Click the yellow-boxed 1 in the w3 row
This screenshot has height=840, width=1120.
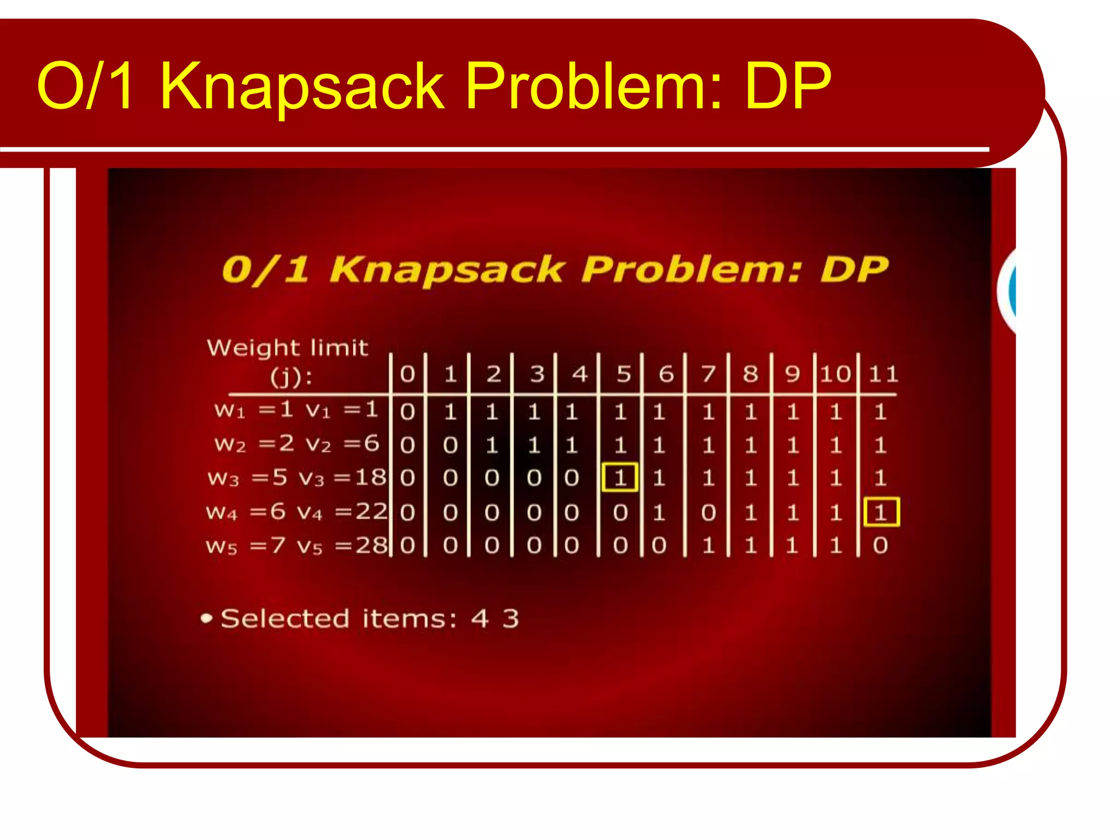(620, 478)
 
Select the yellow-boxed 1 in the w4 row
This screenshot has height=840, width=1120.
(881, 512)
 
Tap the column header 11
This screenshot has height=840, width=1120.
(883, 374)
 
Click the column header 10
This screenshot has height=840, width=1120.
(835, 374)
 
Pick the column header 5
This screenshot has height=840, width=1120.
(623, 374)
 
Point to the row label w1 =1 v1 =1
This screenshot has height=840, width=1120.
(296, 410)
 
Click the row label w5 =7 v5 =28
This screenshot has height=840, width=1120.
(296, 546)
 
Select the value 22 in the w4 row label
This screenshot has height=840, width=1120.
(371, 512)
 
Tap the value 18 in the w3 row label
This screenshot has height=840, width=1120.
(371, 477)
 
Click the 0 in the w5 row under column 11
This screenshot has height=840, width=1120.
(880, 546)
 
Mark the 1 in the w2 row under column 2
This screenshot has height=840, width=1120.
(492, 445)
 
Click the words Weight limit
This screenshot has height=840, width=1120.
(287, 348)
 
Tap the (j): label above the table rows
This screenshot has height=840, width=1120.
(291, 377)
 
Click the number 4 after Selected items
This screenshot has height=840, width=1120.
(480, 619)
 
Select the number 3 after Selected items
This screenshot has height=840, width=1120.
(511, 619)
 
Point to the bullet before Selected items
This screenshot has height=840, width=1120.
(206, 619)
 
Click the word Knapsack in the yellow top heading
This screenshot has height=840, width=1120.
(302, 86)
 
